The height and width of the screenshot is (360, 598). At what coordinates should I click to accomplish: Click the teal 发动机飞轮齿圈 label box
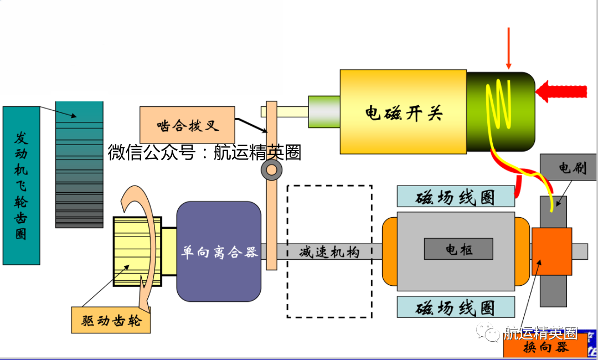click(21, 185)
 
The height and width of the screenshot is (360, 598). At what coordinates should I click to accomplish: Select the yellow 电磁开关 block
click(403, 112)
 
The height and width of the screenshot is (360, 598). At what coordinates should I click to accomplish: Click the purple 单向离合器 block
click(219, 251)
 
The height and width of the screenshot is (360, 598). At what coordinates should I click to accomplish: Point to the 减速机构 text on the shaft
click(329, 252)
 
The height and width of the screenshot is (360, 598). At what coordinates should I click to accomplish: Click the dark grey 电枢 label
click(458, 249)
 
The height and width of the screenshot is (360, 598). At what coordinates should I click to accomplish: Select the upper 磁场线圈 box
click(456, 197)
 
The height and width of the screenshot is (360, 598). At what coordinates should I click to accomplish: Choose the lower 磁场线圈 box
click(456, 307)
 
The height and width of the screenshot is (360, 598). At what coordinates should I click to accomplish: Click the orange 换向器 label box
click(545, 347)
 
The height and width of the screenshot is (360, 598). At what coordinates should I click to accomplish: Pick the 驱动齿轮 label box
click(111, 320)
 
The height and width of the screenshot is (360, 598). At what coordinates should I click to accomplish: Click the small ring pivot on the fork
click(272, 169)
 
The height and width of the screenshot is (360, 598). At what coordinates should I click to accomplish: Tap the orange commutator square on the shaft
click(551, 251)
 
